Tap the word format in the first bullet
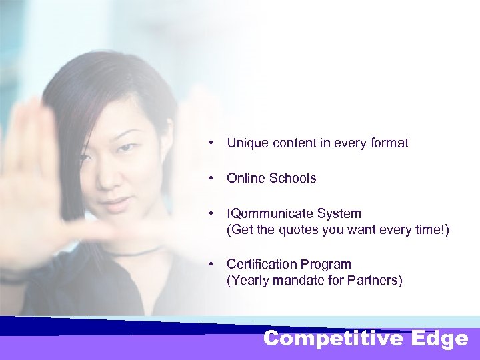point(388,143)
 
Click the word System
point(340,214)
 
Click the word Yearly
point(249,281)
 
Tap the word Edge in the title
point(440,339)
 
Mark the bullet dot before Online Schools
point(211,178)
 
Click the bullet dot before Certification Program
point(211,264)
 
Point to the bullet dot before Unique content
point(211,143)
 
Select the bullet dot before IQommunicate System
point(211,214)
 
